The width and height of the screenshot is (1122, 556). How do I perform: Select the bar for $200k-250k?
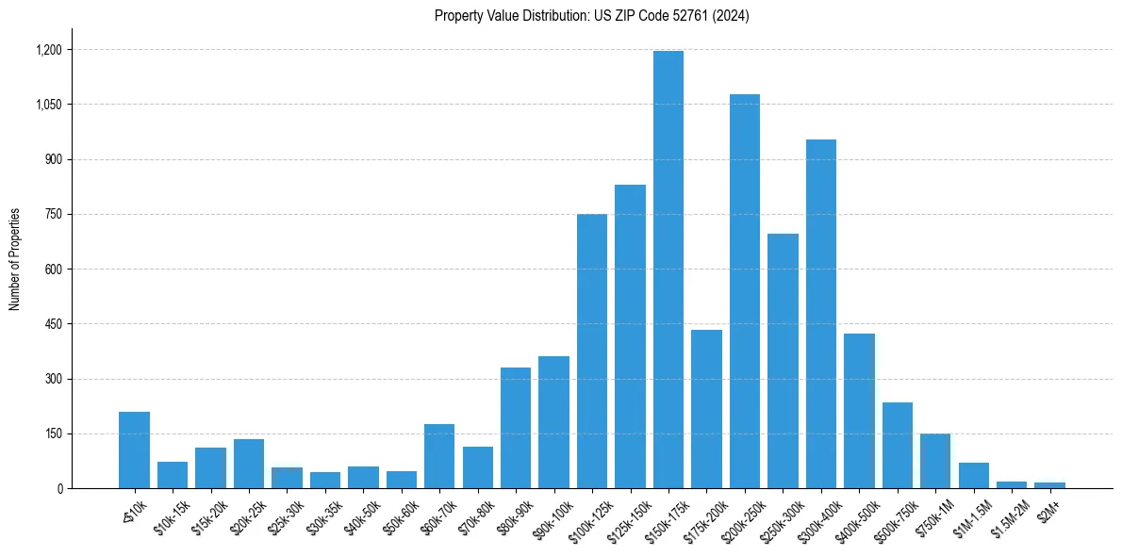pyautogui.click(x=745, y=291)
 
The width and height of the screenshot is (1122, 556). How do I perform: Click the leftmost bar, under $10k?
pyautogui.click(x=135, y=450)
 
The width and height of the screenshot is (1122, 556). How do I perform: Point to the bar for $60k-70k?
pyautogui.click(x=439, y=456)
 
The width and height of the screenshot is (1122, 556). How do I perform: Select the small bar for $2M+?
pyautogui.click(x=1049, y=485)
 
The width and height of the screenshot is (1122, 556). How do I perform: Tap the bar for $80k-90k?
pyautogui.click(x=516, y=428)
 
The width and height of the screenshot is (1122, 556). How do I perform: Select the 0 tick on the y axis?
pyautogui.click(x=59, y=489)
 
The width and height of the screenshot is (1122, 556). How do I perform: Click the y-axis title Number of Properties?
pyautogui.click(x=14, y=259)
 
